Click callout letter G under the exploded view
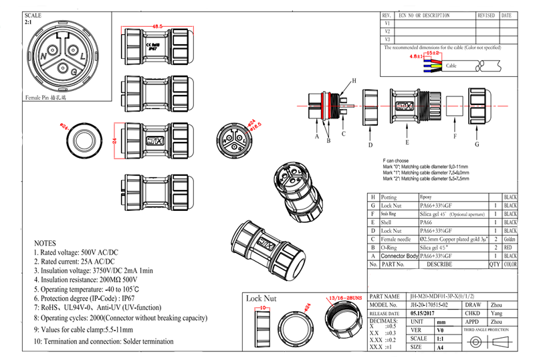(477, 144)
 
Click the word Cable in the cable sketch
(451, 66)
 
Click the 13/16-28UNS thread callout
(344, 297)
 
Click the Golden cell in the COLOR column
(510, 238)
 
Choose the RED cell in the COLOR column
(510, 247)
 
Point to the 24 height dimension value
(114, 140)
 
